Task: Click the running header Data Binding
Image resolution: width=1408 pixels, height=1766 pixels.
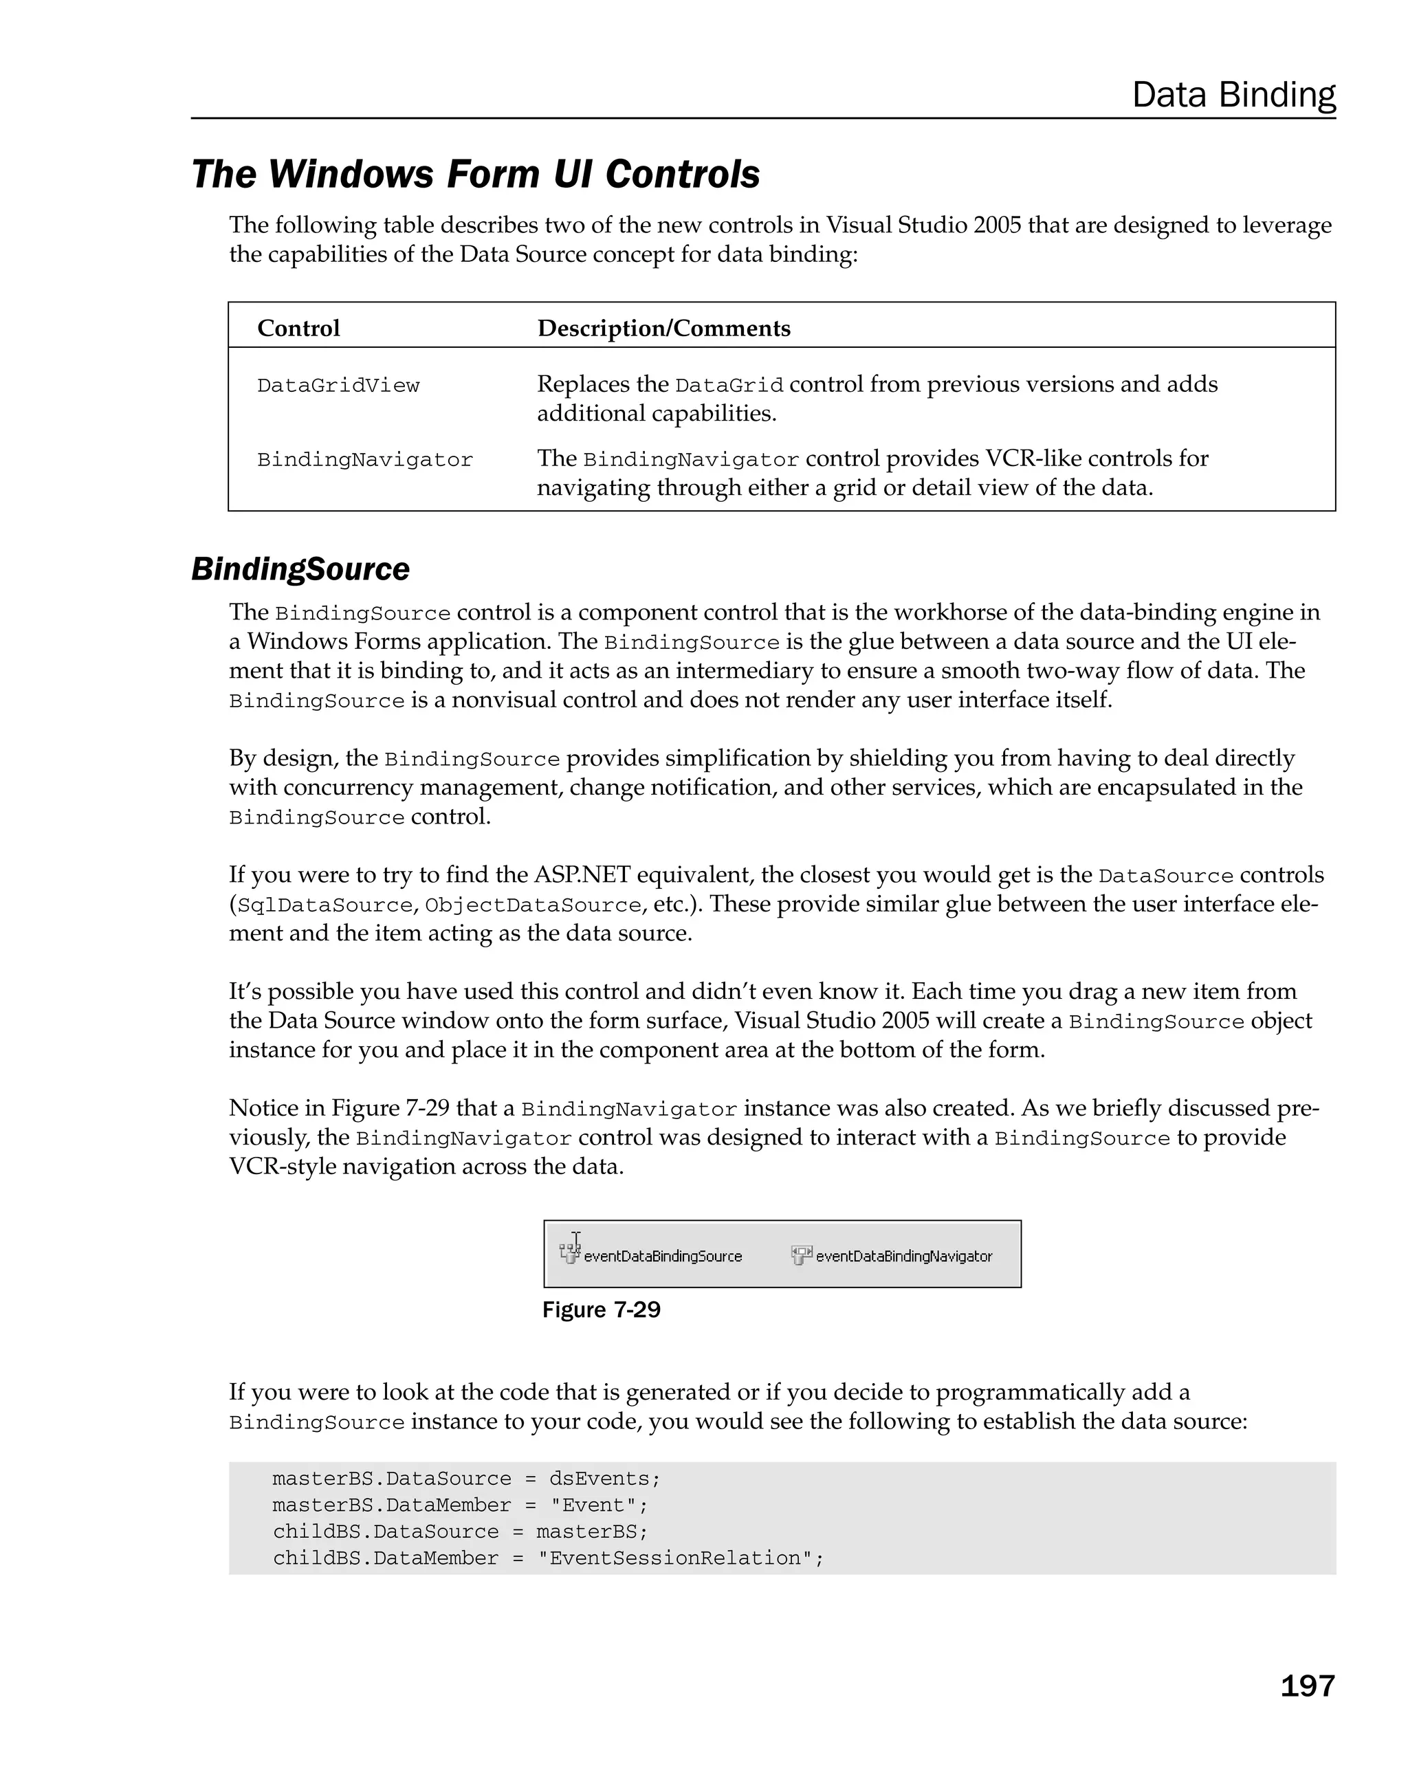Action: coord(1233,95)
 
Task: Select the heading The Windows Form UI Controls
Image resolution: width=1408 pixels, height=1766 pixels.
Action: coord(475,174)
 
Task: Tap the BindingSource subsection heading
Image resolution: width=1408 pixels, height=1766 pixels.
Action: coord(300,569)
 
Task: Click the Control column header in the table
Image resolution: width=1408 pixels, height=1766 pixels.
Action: coord(298,329)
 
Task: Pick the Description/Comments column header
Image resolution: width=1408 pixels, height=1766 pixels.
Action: coord(663,329)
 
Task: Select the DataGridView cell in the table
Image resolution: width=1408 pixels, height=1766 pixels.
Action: coord(338,386)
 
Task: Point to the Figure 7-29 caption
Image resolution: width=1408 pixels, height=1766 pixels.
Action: coord(601,1310)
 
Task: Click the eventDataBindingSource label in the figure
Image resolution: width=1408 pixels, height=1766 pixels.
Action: coord(663,1257)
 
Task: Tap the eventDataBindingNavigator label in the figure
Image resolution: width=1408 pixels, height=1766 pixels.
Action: coord(903,1257)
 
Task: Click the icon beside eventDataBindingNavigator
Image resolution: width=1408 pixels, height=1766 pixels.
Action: coord(801,1254)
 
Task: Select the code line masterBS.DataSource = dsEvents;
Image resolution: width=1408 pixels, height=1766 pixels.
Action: coord(466,1479)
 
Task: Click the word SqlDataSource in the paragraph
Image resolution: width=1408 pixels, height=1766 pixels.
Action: coord(324,905)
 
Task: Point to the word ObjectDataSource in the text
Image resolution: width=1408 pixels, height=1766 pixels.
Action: coord(532,905)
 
